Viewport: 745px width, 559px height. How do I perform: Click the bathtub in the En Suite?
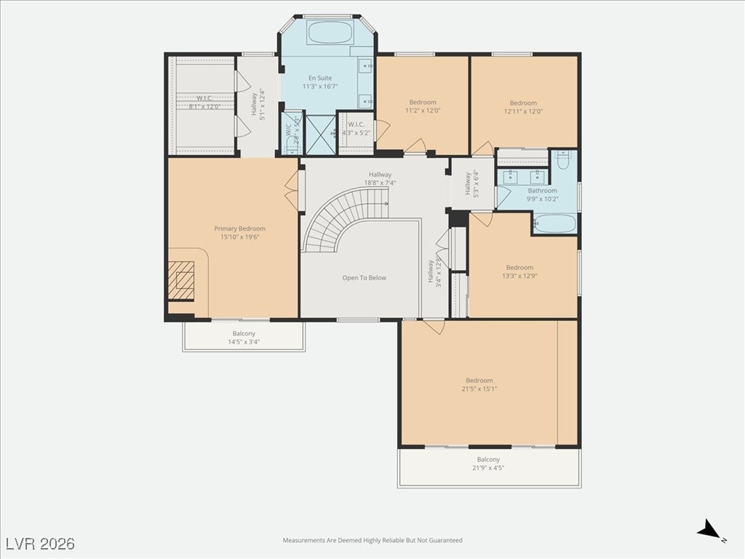pyautogui.click(x=330, y=33)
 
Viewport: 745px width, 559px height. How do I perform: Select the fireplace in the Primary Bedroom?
pyautogui.click(x=182, y=280)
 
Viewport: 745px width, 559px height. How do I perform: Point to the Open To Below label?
pyautogui.click(x=364, y=278)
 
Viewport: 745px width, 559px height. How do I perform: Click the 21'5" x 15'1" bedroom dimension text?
pyautogui.click(x=479, y=389)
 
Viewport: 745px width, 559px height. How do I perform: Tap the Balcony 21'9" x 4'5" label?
pyautogui.click(x=488, y=464)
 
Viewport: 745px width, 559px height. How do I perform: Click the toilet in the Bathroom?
pyautogui.click(x=562, y=159)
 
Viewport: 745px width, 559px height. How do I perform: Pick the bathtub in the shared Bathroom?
pyautogui.click(x=555, y=223)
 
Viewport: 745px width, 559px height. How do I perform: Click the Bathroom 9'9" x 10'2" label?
pyautogui.click(x=542, y=195)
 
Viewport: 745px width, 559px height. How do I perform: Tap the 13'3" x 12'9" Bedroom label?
pyautogui.click(x=519, y=271)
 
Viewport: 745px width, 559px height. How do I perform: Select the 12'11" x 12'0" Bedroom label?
pyautogui.click(x=523, y=108)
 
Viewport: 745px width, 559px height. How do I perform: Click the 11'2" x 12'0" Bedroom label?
pyautogui.click(x=422, y=107)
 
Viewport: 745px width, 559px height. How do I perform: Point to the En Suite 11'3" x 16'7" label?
pyautogui.click(x=321, y=82)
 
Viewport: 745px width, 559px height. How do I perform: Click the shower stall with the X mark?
pyautogui.click(x=319, y=132)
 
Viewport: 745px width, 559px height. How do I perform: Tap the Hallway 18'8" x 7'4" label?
pyautogui.click(x=380, y=178)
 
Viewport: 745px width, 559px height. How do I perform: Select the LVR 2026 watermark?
pyautogui.click(x=40, y=544)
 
